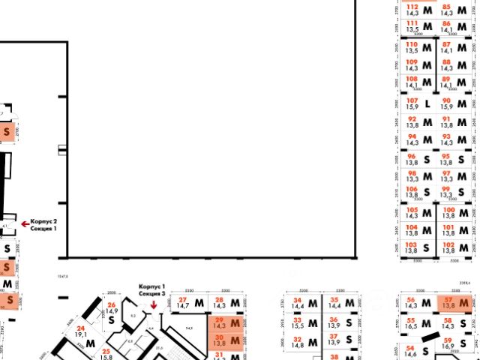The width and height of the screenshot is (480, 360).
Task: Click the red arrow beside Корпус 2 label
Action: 24,223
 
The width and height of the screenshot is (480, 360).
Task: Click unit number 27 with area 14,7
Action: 187,303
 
